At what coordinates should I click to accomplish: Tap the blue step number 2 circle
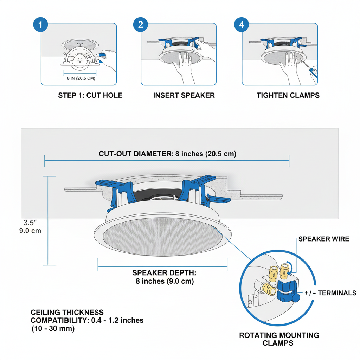coord(141,25)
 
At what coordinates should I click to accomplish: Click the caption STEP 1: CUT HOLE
coord(90,95)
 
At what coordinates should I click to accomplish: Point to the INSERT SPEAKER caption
coord(184,95)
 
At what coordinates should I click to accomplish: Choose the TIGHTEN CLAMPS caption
coord(288,95)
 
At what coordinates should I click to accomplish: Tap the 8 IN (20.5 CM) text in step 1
coord(81,78)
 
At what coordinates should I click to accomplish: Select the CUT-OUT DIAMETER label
coord(167,154)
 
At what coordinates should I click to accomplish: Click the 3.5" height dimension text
coord(30,223)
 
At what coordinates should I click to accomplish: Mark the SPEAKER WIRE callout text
coord(323,239)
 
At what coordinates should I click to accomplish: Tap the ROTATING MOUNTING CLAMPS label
coord(279,339)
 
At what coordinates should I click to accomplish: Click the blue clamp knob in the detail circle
coord(296,297)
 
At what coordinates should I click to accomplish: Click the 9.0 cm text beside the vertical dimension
coord(30,231)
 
